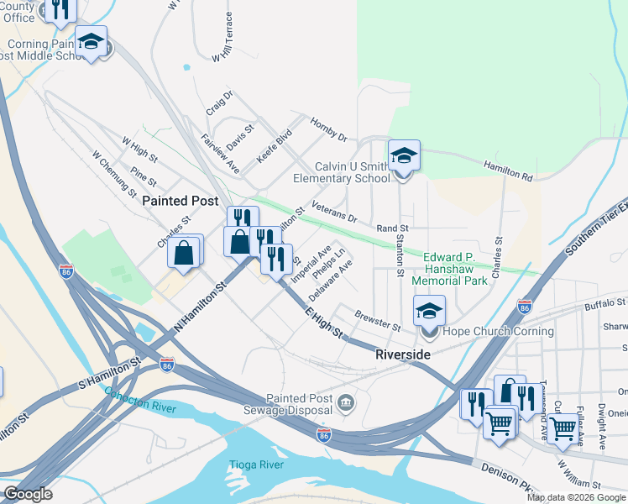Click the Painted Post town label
click(x=180, y=201)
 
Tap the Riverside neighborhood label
click(x=402, y=355)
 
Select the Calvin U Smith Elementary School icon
click(x=404, y=156)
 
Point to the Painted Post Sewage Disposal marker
click(x=344, y=405)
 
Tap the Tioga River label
click(x=249, y=465)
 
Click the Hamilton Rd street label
click(x=508, y=172)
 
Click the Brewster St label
click(x=379, y=320)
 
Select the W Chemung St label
click(x=114, y=172)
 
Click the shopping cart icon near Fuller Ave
click(x=563, y=428)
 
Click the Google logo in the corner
click(x=28, y=494)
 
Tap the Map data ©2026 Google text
click(x=576, y=497)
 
